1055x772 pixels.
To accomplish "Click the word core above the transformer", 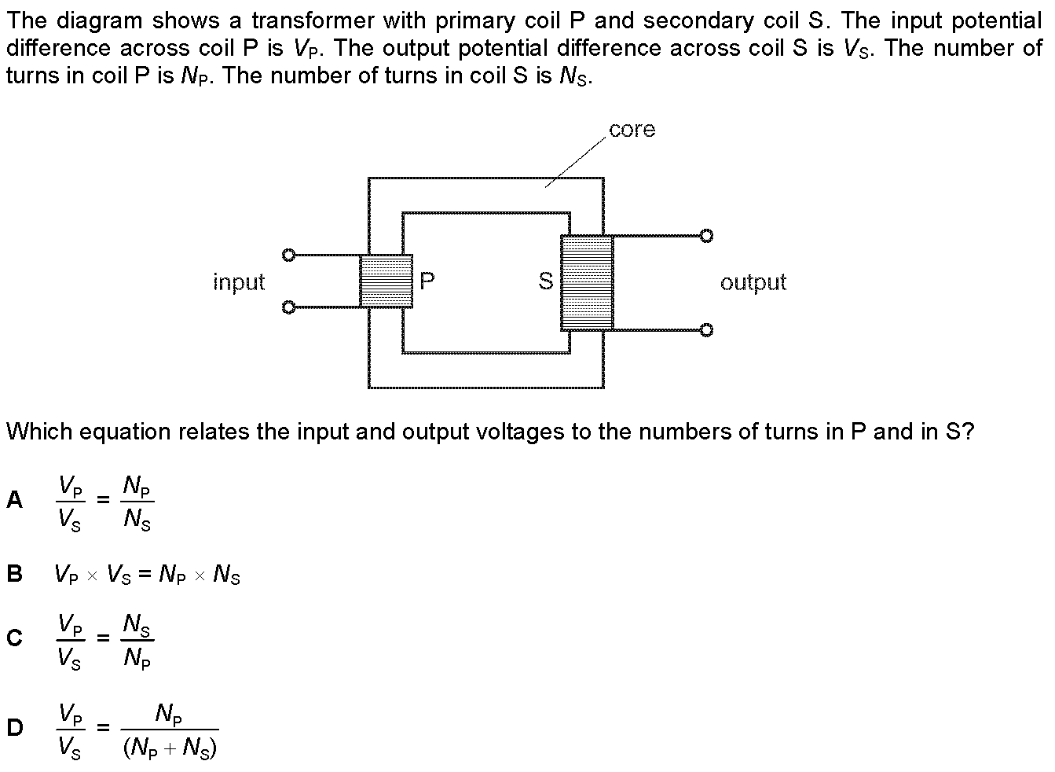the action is [x=632, y=130].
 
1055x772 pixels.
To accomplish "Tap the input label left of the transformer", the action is [x=239, y=282].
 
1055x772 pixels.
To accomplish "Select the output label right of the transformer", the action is [x=753, y=282].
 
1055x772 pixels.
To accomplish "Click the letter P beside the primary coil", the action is [x=427, y=281].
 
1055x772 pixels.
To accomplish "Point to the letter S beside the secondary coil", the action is [x=546, y=281].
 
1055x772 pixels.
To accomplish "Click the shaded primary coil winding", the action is [x=386, y=281].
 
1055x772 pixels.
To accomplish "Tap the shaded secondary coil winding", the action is [x=587, y=283].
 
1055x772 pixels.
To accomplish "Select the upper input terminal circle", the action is [x=288, y=255].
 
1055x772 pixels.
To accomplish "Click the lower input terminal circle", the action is [x=288, y=307].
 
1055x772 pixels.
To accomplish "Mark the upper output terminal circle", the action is [x=706, y=235].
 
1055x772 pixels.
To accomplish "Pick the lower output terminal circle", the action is [x=706, y=330].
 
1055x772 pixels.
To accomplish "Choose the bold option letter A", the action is [x=15, y=500].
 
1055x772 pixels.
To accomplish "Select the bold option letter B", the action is [x=15, y=574].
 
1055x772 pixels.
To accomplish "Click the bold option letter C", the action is [x=15, y=638].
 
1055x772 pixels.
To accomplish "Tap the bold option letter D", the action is [x=15, y=728].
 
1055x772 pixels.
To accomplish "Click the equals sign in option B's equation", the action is [x=145, y=574].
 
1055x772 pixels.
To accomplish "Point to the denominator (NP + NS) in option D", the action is [x=170, y=748].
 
